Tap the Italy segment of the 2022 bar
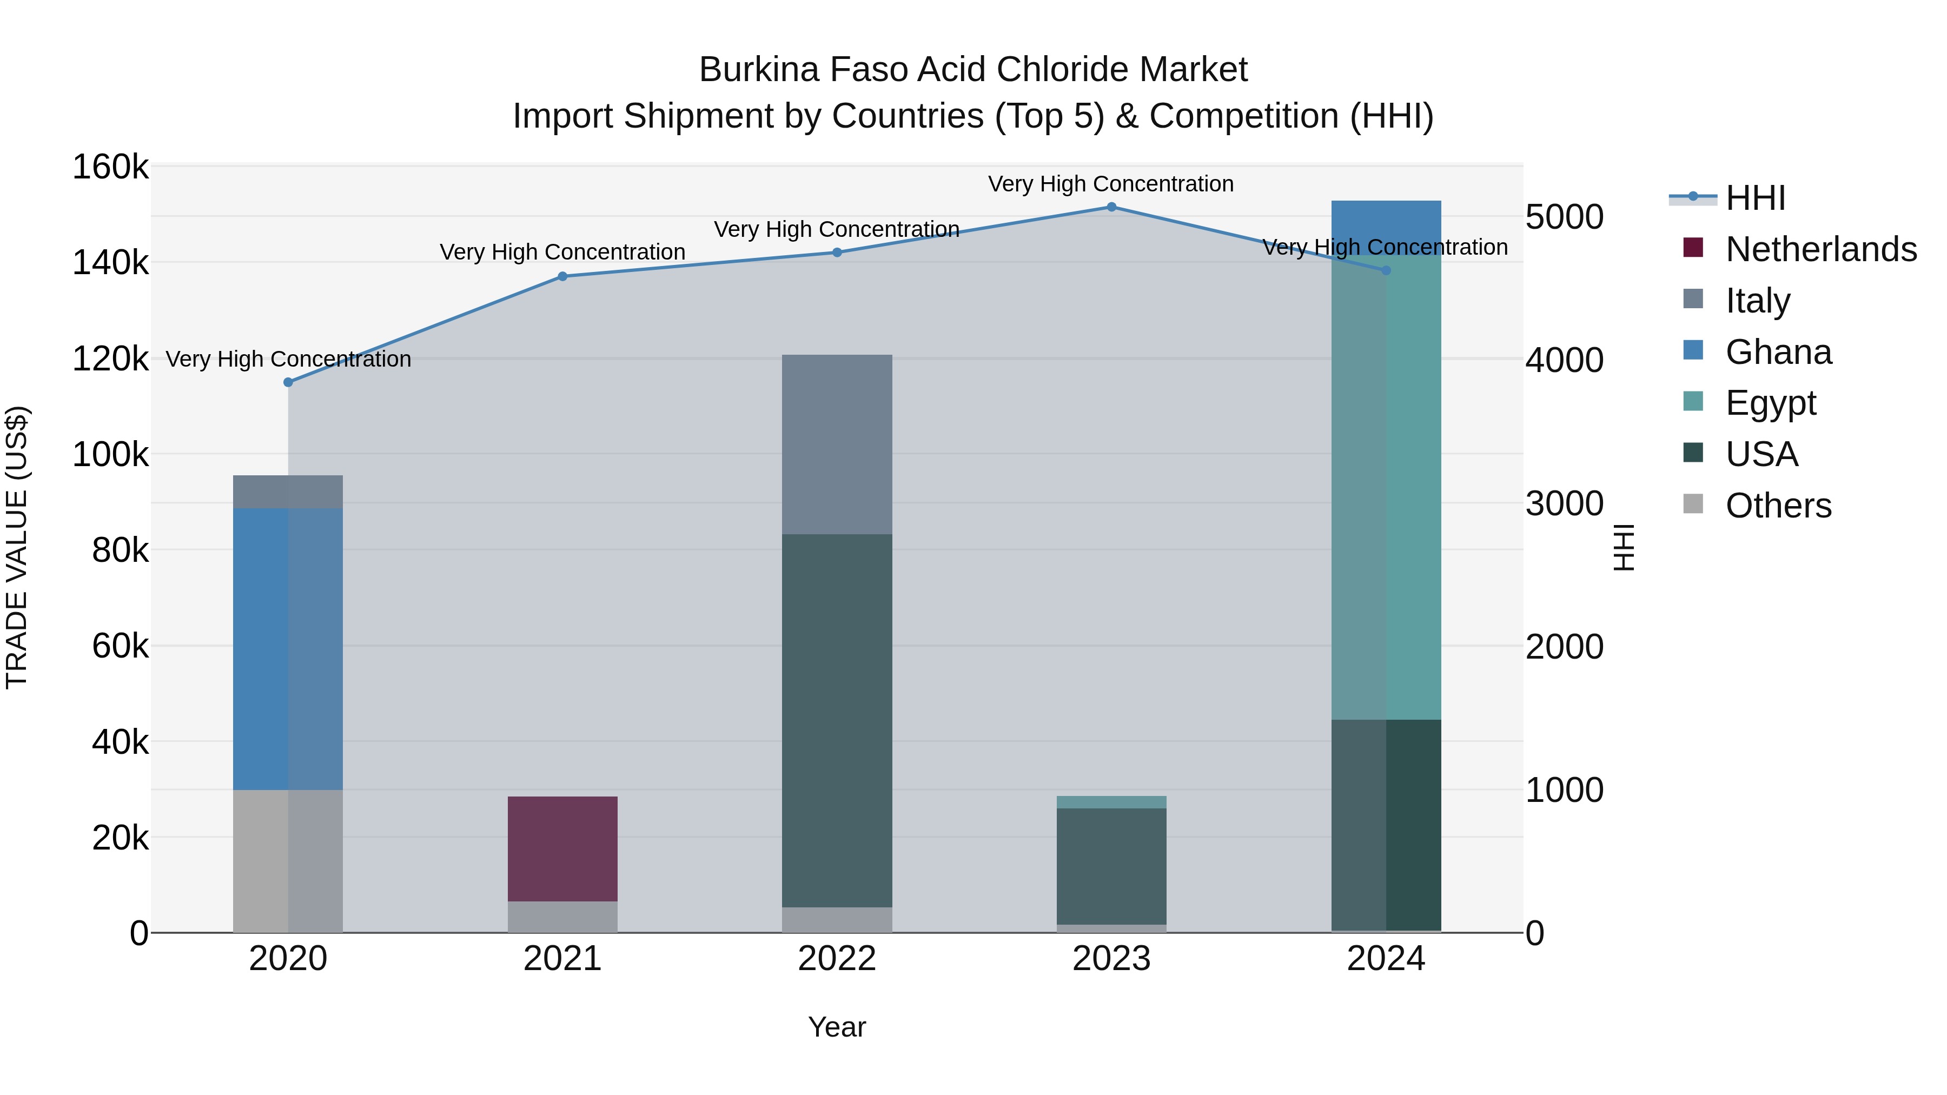(x=837, y=444)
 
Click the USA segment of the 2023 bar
(x=1111, y=866)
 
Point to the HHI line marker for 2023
(x=1111, y=207)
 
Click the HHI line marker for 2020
(x=288, y=382)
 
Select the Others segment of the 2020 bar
(x=287, y=861)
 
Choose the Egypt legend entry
(x=1770, y=403)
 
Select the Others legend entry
(x=1778, y=506)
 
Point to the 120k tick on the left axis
(x=110, y=359)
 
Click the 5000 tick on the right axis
(x=1564, y=217)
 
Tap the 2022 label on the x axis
(x=837, y=959)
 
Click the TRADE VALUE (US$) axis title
(x=17, y=547)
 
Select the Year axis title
(x=837, y=1027)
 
